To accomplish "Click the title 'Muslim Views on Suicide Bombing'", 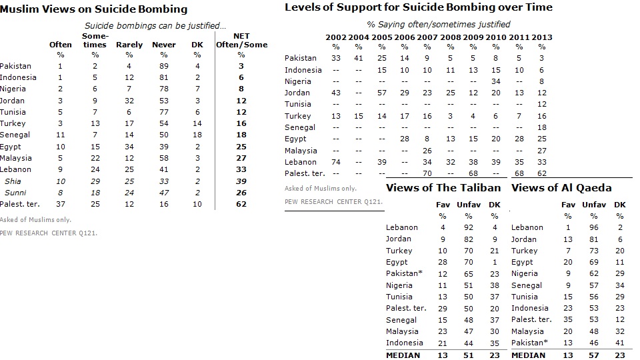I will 94,10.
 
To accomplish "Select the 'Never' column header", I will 163,45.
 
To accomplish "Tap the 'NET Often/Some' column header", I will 241,40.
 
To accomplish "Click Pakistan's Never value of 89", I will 163,66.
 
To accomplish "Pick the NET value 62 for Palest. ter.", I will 241,204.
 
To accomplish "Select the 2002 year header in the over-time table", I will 335,37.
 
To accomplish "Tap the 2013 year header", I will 542,37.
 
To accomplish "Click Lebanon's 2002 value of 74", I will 335,162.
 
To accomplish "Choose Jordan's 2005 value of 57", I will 381,93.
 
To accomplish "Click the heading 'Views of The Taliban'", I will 443,187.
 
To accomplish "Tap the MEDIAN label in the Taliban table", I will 403,355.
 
